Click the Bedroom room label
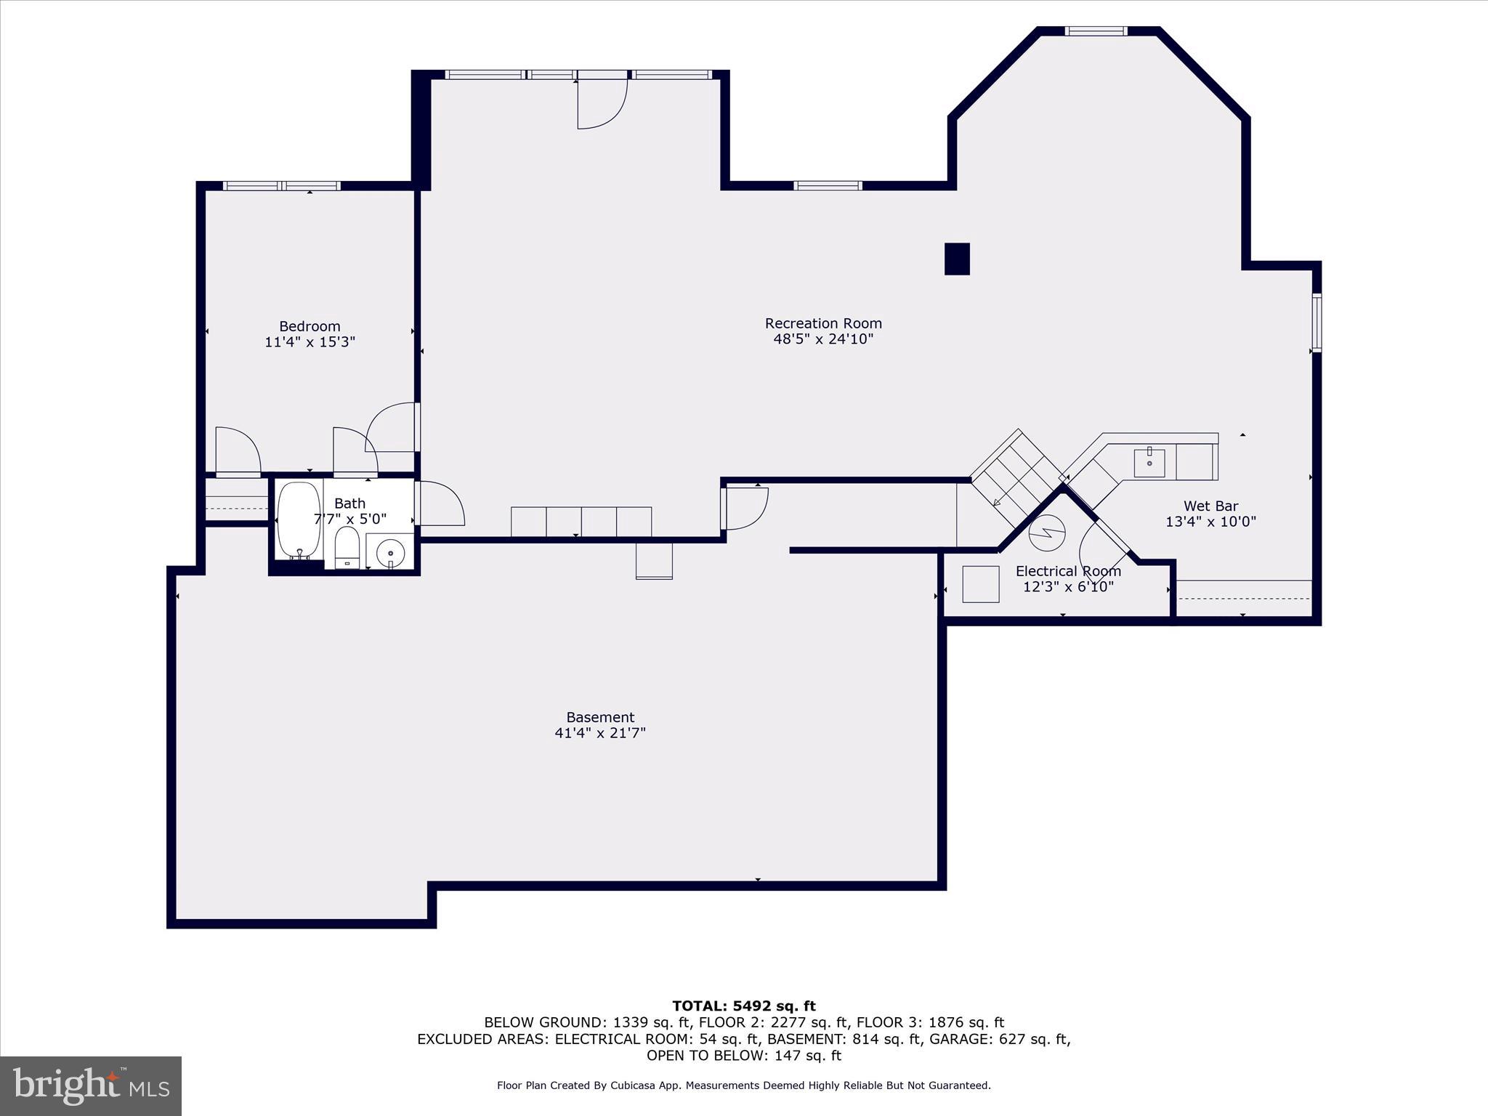[310, 326]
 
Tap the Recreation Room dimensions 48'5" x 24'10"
[822, 339]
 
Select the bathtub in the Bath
[299, 519]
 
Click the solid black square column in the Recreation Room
[956, 259]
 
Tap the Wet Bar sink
[1149, 463]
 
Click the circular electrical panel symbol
[1046, 533]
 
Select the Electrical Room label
[1067, 571]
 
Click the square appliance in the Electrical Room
[980, 584]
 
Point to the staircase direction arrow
[997, 502]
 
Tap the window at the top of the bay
[1096, 31]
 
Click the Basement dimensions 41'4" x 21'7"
[600, 733]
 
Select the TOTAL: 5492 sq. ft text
[743, 1006]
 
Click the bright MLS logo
[91, 1085]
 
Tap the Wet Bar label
[1210, 506]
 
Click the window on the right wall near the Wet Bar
[1316, 323]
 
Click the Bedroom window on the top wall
[281, 186]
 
